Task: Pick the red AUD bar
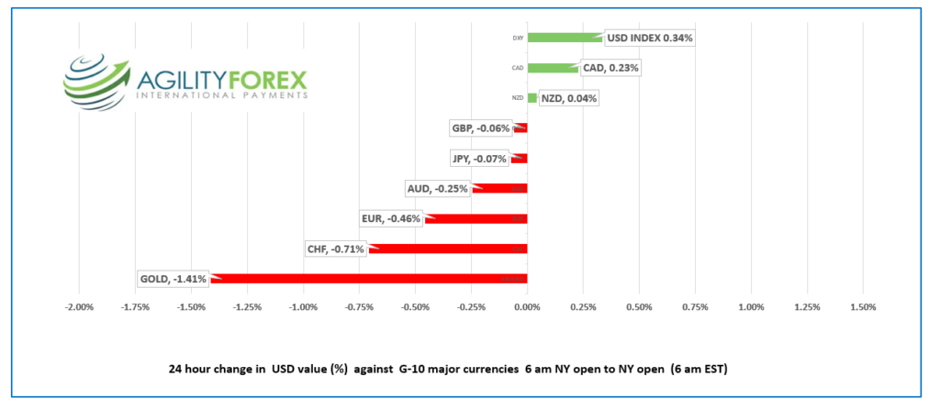tap(499, 189)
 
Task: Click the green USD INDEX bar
tap(565, 38)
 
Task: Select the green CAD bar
tap(553, 68)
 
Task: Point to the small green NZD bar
tap(532, 98)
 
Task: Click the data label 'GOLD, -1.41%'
tap(173, 278)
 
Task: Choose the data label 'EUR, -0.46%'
tap(391, 219)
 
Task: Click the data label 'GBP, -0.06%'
tap(480, 128)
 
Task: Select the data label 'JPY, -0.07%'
tap(479, 159)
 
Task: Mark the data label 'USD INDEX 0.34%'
tap(649, 39)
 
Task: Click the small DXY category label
tap(519, 39)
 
